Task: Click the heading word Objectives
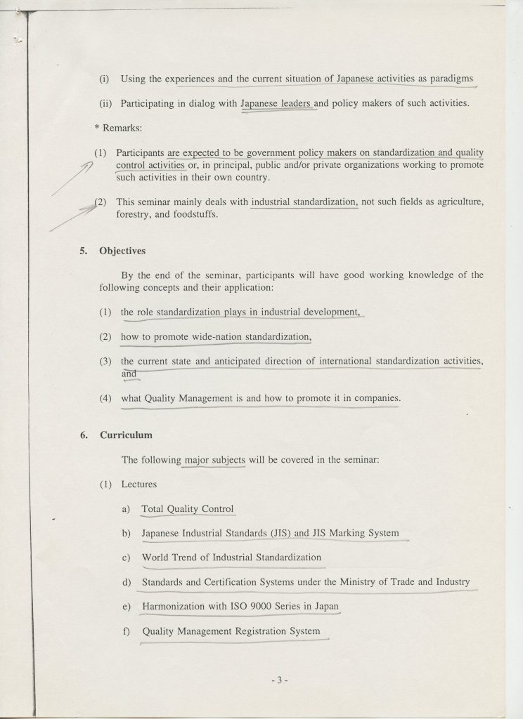122,250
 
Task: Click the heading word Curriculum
126,435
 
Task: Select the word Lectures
139,484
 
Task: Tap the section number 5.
83,250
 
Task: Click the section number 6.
83,435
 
